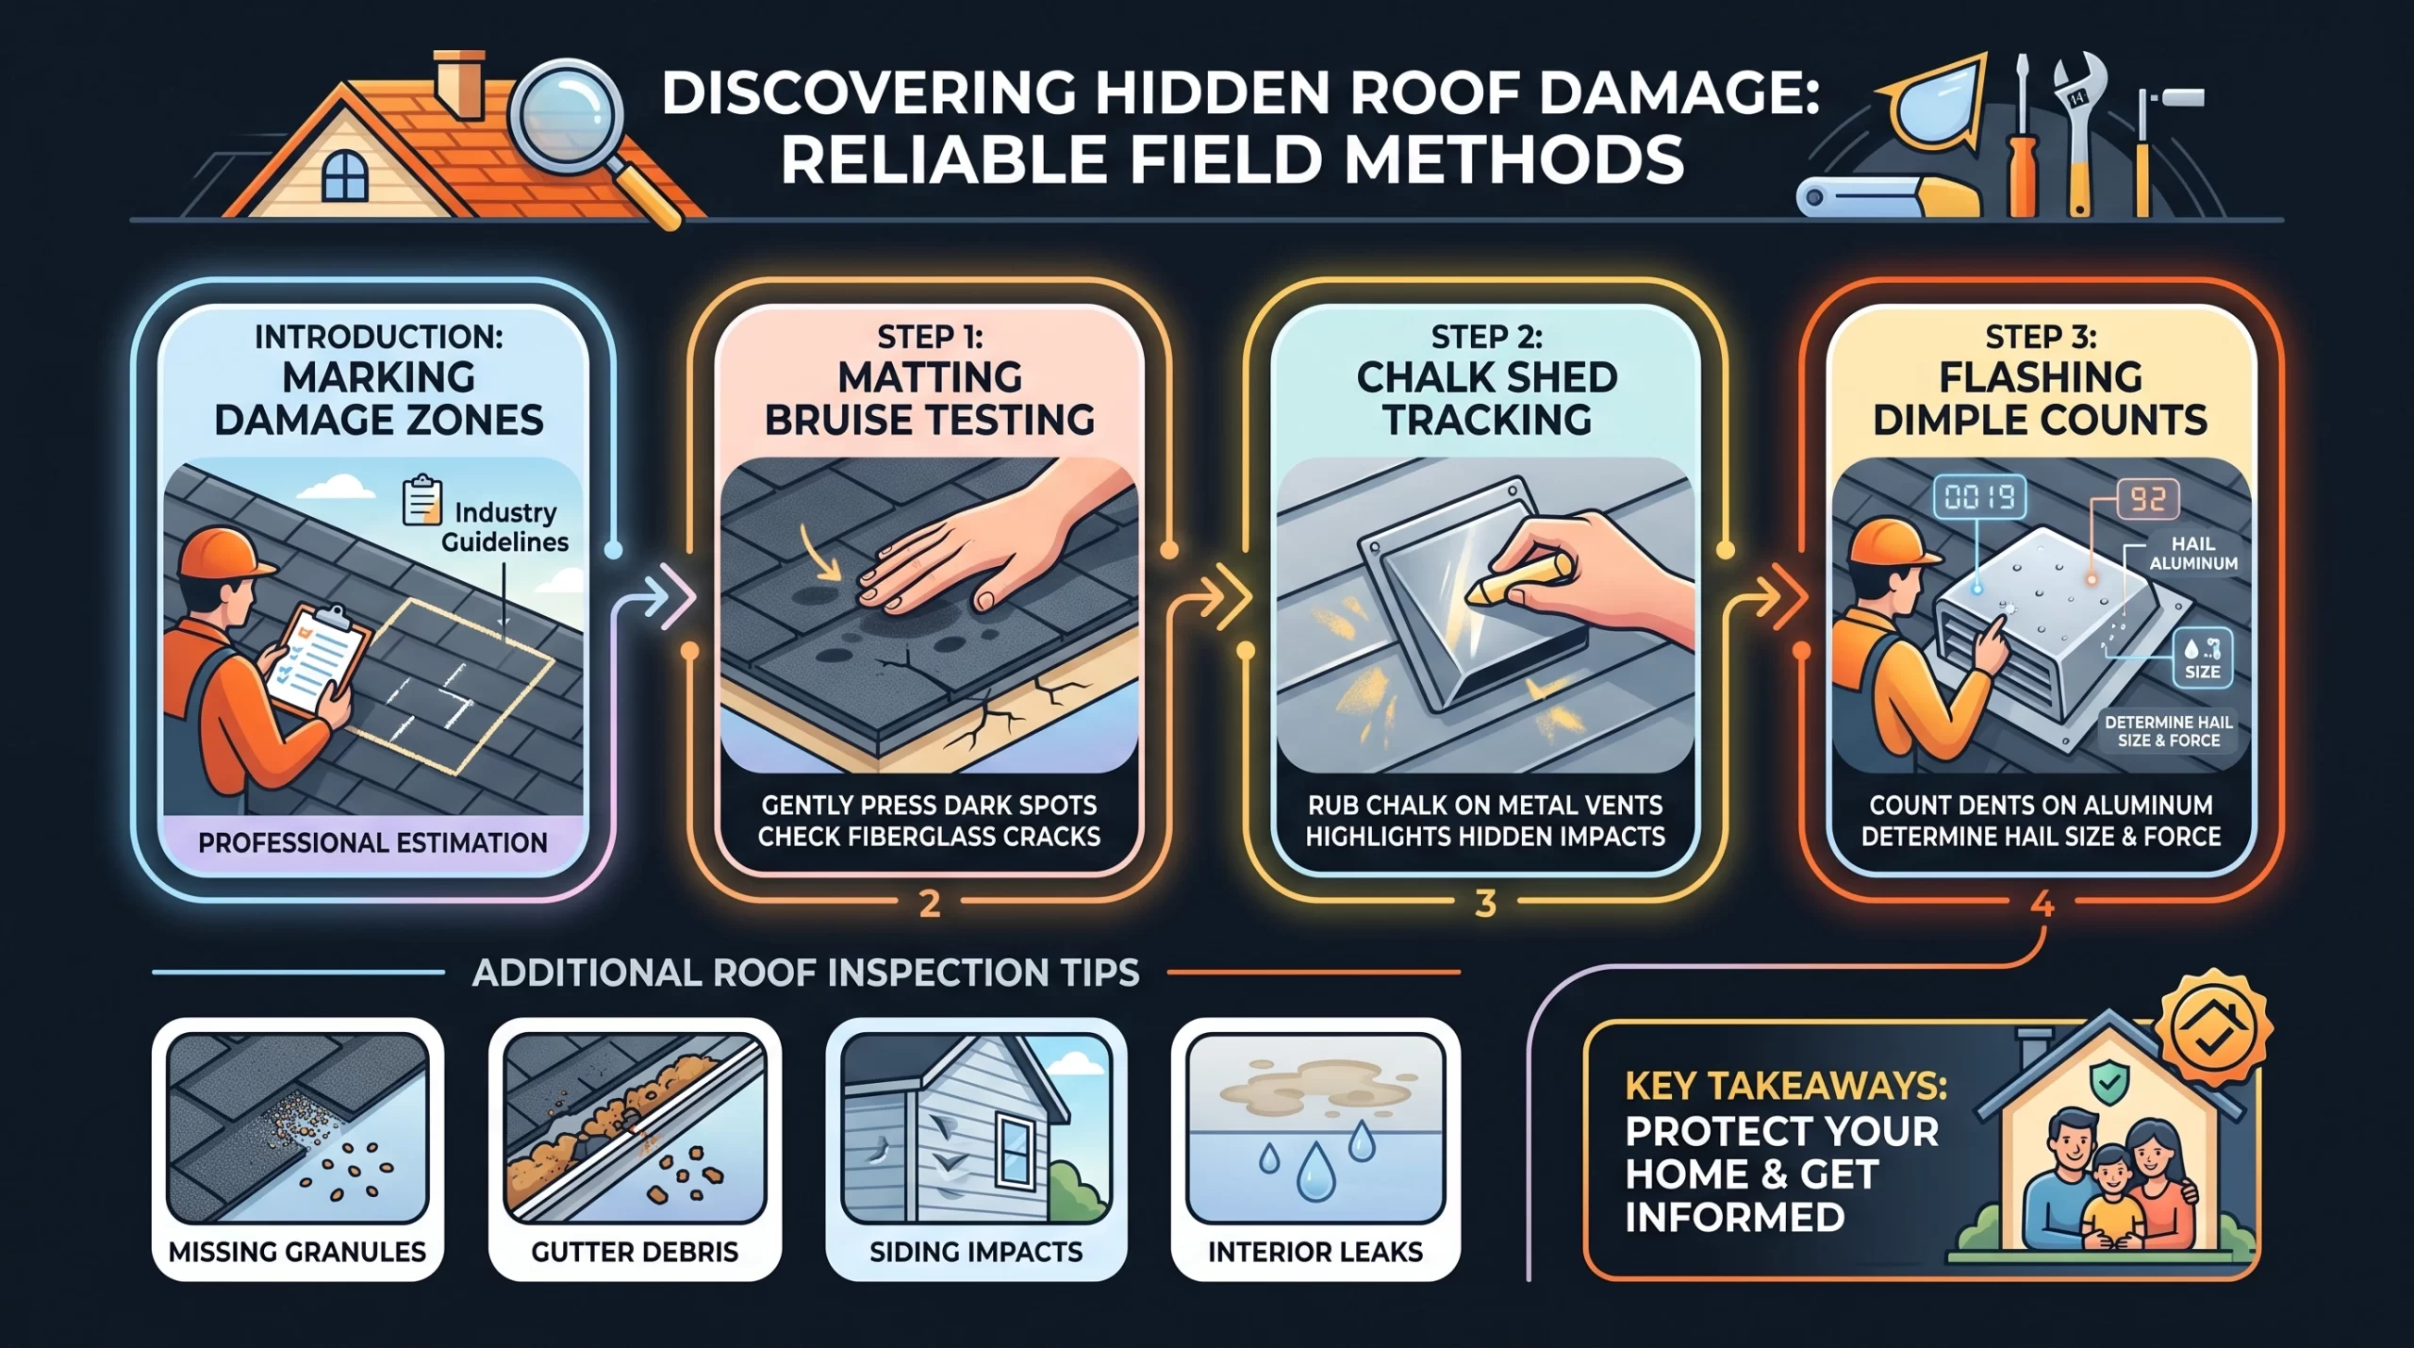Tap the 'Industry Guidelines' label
point(505,526)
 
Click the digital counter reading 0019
point(1979,496)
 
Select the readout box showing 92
point(2148,498)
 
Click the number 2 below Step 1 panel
point(930,904)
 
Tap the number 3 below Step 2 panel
point(1485,904)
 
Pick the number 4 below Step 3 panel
point(2042,904)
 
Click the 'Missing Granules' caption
point(297,1252)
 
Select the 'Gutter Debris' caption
point(635,1252)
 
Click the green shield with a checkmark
point(2107,1084)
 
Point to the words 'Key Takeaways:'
point(1786,1088)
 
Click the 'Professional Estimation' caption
point(372,842)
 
